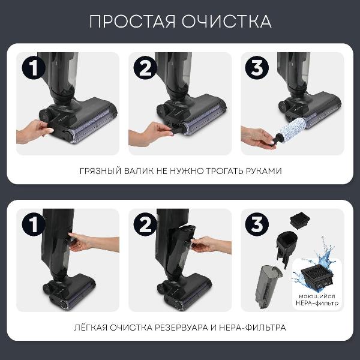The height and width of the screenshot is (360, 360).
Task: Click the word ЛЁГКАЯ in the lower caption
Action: pyautogui.click(x=92, y=328)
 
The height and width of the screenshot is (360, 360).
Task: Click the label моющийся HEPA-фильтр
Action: pyautogui.click(x=318, y=300)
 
